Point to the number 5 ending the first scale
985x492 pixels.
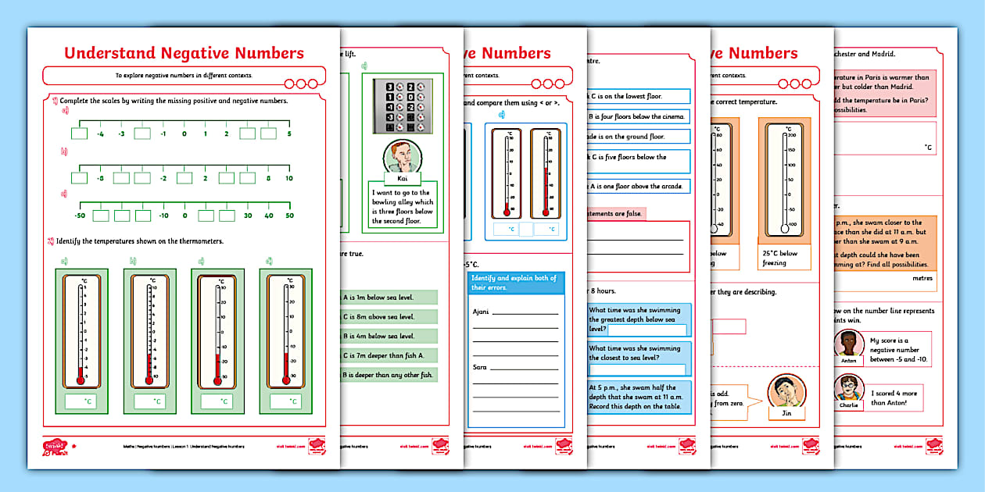pos(289,134)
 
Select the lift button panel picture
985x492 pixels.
pos(403,105)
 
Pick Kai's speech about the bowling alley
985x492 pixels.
pos(403,207)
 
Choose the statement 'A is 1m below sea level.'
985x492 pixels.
pos(389,298)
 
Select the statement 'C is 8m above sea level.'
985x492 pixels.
pos(389,317)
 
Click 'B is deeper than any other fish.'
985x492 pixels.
pos(389,375)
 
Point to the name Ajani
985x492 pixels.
pos(482,312)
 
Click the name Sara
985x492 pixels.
pos(480,366)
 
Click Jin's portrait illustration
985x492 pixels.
pos(787,393)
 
